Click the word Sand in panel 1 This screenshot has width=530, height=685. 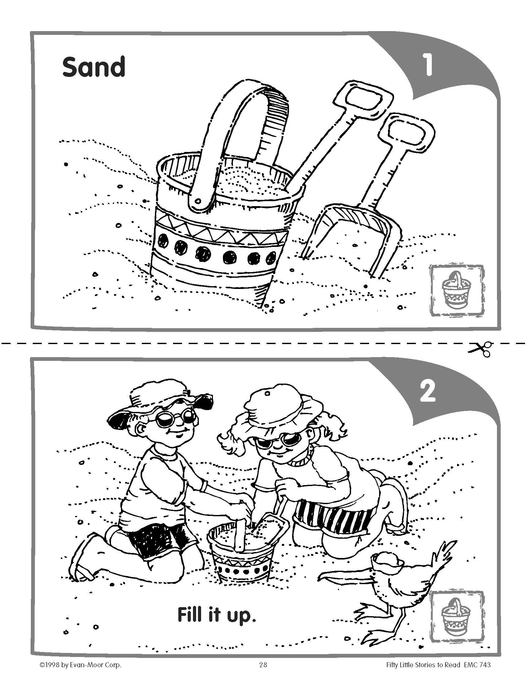[94, 67]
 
